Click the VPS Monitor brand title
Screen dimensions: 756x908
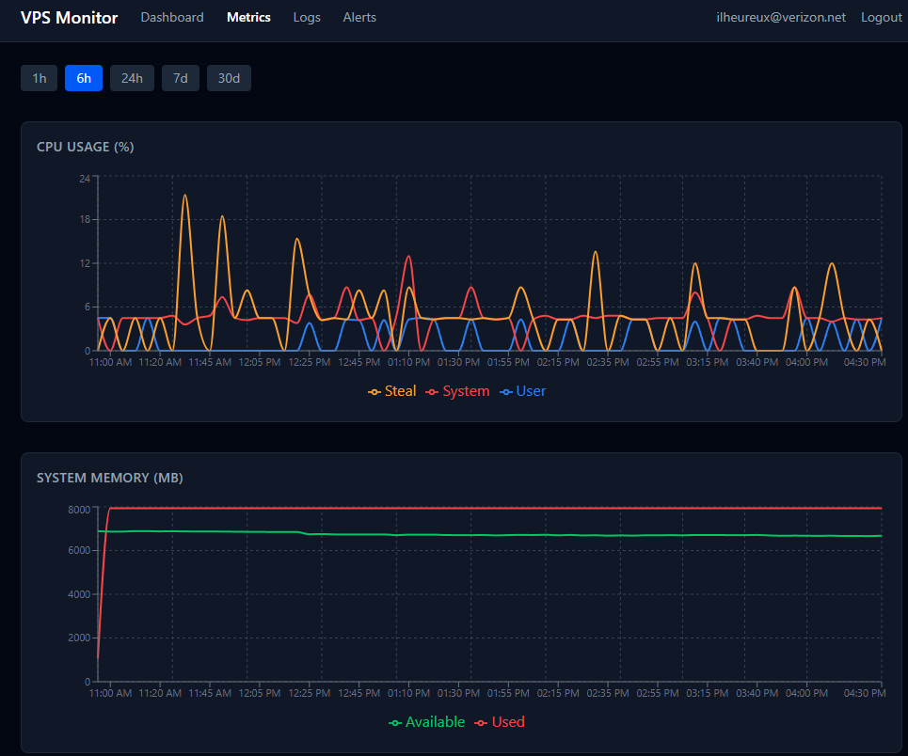[70, 18]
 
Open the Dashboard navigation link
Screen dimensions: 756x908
[172, 18]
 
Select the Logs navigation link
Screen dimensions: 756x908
[307, 18]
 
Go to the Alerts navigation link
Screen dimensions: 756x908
[359, 18]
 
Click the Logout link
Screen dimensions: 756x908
[881, 18]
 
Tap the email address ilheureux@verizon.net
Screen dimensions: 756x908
[781, 18]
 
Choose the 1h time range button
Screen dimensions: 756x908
[40, 78]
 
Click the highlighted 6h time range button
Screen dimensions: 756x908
[84, 78]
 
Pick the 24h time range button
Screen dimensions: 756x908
[132, 78]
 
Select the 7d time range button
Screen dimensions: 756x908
[180, 78]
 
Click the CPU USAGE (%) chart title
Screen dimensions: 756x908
[85, 147]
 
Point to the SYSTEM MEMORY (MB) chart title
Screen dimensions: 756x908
[109, 478]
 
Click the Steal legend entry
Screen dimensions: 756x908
[392, 391]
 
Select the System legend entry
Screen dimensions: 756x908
[458, 391]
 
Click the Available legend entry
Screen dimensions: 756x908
[427, 722]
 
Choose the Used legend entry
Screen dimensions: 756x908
[501, 722]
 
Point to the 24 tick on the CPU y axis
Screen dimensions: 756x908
[85, 178]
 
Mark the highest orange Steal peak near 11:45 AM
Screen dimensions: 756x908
[184, 196]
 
